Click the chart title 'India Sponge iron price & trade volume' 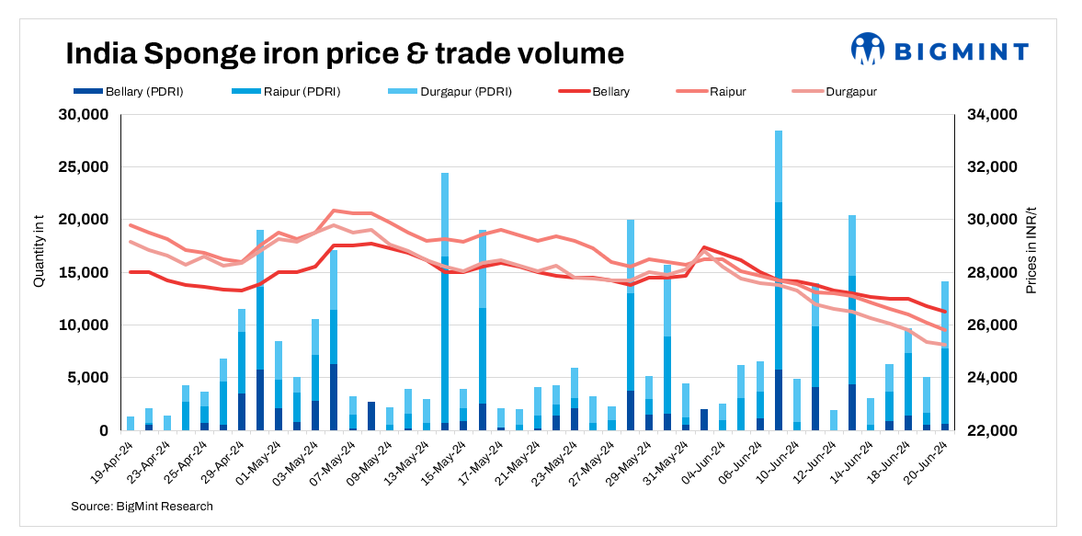pyautogui.click(x=344, y=53)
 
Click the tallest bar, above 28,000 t pyautogui.click(x=779, y=276)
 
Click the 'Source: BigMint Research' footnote pyautogui.click(x=142, y=506)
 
